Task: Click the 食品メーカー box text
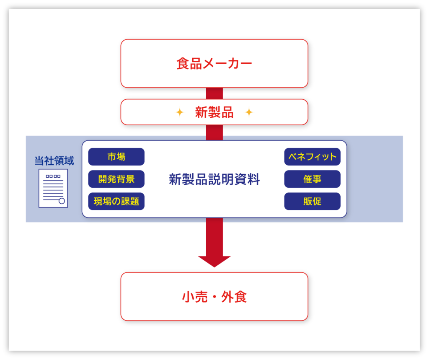point(214,64)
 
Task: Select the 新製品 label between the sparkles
point(214,112)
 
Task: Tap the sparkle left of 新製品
point(179,112)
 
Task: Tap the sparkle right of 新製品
point(249,112)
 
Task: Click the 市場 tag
point(116,157)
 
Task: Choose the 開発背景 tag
point(116,179)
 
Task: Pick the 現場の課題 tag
point(116,201)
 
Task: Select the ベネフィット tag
point(312,157)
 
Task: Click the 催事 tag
point(312,179)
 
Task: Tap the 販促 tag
point(312,201)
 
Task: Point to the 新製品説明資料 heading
point(214,179)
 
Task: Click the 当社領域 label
point(54,161)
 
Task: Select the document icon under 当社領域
point(53,188)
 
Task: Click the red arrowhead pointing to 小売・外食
point(214,261)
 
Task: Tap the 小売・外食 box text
point(214,297)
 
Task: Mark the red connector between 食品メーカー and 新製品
point(214,93)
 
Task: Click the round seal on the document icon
point(62,201)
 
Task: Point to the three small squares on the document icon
point(53,176)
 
